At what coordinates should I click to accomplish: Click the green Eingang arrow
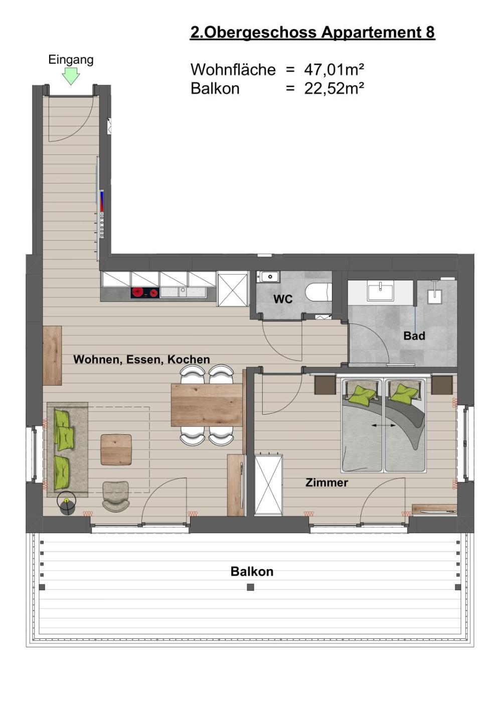[71, 77]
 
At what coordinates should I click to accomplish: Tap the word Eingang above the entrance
[71, 60]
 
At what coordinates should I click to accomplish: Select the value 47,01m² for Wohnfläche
[334, 70]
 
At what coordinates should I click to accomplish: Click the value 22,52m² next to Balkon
[334, 89]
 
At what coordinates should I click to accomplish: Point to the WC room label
[283, 299]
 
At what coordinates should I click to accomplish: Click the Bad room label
[414, 336]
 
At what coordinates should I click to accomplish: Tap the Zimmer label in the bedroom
[326, 482]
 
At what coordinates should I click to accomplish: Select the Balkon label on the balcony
[252, 572]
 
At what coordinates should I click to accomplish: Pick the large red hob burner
[138, 292]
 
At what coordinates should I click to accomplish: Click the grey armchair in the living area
[116, 496]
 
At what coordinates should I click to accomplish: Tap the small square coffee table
[116, 450]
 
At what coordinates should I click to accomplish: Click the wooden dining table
[207, 405]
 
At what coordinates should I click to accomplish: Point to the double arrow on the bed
[384, 425]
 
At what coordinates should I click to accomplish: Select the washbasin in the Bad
[380, 291]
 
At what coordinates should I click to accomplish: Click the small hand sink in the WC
[268, 277]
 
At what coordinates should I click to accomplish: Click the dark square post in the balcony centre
[250, 587]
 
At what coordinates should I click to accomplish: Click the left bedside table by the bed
[325, 385]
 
